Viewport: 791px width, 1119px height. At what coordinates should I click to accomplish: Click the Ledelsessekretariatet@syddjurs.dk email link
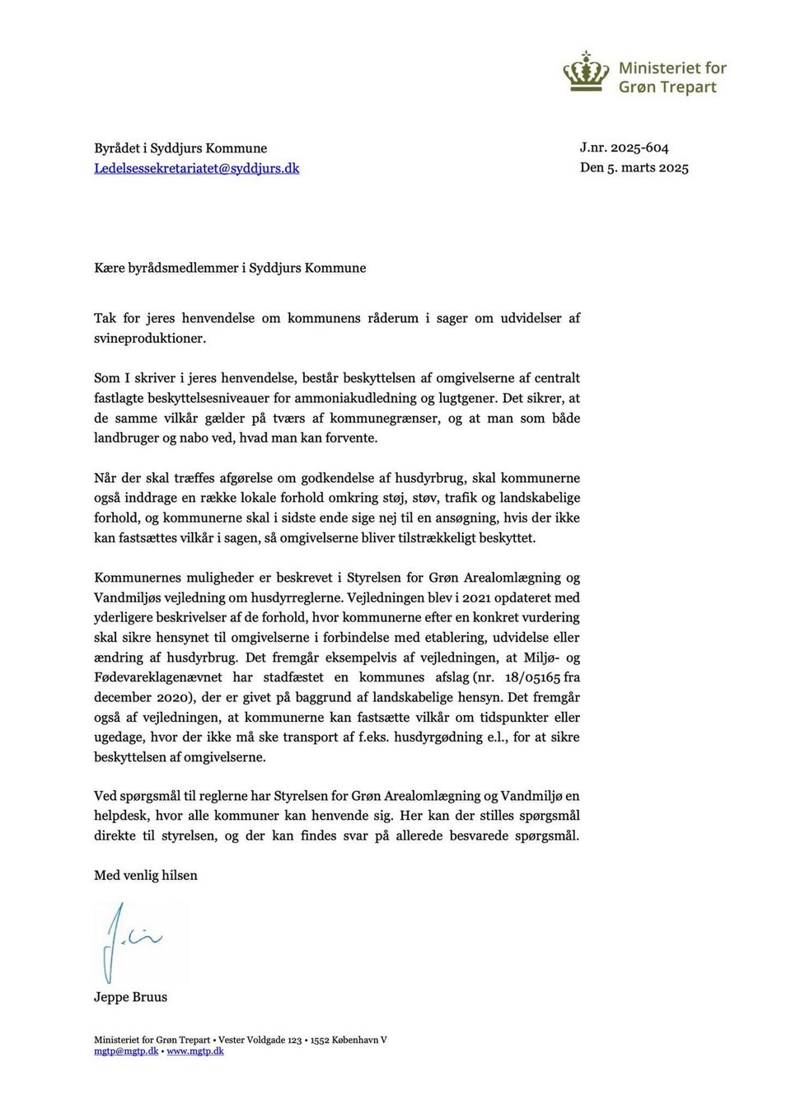click(x=196, y=168)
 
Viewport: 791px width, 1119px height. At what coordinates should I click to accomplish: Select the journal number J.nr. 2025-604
click(x=624, y=147)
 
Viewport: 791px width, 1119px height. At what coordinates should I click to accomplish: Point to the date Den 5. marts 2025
click(x=634, y=167)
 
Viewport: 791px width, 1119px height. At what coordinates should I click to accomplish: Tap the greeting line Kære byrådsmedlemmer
click(x=230, y=268)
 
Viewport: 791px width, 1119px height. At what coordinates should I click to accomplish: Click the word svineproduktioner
click(x=149, y=338)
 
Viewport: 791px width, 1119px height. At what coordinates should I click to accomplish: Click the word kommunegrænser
click(x=384, y=418)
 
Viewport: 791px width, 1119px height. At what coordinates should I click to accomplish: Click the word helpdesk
click(x=121, y=816)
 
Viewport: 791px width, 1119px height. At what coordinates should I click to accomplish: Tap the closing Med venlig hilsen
click(x=146, y=875)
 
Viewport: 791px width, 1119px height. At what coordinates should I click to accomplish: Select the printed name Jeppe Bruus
click(x=130, y=997)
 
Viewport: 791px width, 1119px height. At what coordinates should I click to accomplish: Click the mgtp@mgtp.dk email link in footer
click(x=126, y=1051)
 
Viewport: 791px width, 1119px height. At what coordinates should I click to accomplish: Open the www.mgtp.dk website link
click(x=195, y=1051)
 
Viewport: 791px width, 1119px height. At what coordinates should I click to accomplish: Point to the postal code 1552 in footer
click(x=320, y=1040)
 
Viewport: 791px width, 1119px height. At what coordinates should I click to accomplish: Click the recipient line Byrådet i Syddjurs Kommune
click(x=180, y=148)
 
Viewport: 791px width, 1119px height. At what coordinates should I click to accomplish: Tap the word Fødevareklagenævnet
click(x=158, y=677)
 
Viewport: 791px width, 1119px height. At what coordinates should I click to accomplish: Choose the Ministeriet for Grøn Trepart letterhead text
click(x=672, y=77)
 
